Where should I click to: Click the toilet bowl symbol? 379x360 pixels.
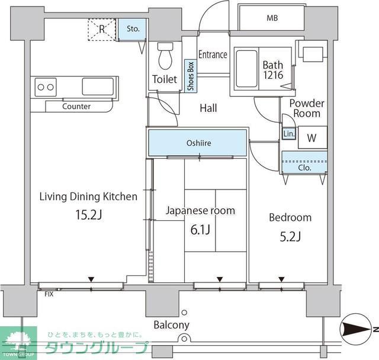pos(165,56)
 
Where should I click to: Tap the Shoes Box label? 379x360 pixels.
pos(191,76)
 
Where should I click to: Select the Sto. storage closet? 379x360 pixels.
pos(132,29)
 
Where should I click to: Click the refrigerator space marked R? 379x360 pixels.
pos(102,29)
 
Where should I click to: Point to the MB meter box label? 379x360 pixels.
pos(272,18)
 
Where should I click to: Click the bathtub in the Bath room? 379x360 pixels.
pos(246,69)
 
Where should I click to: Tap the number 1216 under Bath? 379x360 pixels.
pos(273,75)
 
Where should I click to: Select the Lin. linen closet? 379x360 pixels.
pos(289,133)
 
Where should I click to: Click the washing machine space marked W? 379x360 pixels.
pos(313,137)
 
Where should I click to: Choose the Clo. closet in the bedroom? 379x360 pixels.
pos(304,162)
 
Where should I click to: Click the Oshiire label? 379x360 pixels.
pos(199,143)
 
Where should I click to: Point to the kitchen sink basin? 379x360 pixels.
pos(98,86)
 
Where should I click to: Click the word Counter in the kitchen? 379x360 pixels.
pos(76,107)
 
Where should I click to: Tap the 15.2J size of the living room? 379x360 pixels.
pos(89,214)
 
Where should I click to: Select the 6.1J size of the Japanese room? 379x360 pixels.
pos(200,230)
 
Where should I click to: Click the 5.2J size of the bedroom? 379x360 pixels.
pos(290,236)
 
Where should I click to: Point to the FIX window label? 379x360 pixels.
pos(49,294)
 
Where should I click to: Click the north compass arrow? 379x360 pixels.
pos(356,329)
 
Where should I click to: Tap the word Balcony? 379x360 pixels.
pos(171,325)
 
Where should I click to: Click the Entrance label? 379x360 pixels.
pos(213,54)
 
